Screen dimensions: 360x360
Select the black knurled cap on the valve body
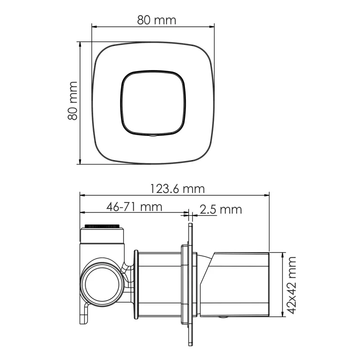click(x=103, y=225)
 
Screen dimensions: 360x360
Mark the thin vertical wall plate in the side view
click(x=190, y=288)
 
